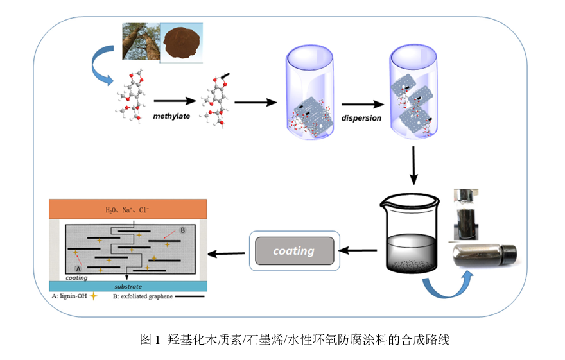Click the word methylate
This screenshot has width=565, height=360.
171,116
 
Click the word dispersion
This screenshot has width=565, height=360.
360,118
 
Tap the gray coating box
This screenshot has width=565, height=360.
293,251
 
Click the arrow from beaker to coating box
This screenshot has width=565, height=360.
358,250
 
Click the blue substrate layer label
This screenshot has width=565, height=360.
128,286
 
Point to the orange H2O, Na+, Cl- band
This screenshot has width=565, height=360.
128,209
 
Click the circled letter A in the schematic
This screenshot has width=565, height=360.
79,268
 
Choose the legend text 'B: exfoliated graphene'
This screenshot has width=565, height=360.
141,296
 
